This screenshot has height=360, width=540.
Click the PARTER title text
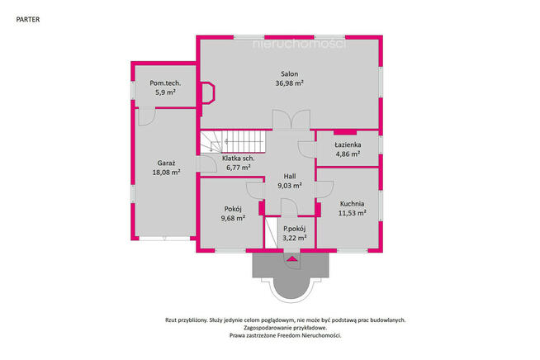point(28,20)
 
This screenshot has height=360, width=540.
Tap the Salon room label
point(290,73)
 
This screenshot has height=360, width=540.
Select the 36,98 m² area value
point(289,83)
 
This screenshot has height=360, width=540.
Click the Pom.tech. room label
point(165,83)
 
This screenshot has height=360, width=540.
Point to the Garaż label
point(166,163)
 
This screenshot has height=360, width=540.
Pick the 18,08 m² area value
point(166,173)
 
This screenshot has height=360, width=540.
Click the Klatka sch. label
point(239,159)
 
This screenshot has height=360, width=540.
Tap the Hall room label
point(290,177)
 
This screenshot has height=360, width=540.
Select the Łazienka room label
point(348,144)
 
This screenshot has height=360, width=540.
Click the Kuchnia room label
point(352,204)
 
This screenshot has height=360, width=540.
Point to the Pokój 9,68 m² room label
point(233,213)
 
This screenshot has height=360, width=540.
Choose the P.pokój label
point(295,229)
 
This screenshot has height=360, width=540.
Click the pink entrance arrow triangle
point(292,258)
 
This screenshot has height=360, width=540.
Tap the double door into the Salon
point(291,120)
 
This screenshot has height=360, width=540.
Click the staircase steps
point(233,141)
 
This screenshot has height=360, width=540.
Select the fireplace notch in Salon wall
point(208,92)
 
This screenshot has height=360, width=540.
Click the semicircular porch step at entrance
point(291,289)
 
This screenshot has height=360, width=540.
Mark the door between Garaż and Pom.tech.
point(146,116)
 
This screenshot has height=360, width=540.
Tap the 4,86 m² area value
point(348,154)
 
